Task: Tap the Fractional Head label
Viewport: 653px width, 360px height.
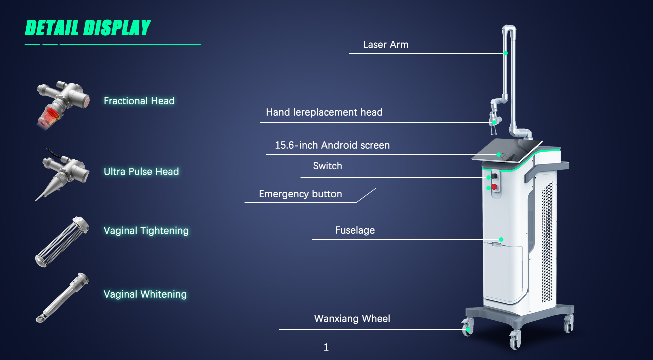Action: coord(139,101)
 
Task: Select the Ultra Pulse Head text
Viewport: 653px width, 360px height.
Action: coord(141,171)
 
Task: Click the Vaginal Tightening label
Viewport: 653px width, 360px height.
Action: coord(146,231)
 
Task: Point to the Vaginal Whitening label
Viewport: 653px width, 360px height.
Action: coord(145,294)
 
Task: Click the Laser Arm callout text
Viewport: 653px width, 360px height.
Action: coord(386,45)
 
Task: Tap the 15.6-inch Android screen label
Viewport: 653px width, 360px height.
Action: coord(332,145)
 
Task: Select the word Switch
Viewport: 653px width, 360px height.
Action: coord(327,166)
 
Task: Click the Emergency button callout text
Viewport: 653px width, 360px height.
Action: coord(301,194)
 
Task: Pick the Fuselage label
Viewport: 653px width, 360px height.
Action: coord(355,230)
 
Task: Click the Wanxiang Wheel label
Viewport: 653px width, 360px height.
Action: coord(352,319)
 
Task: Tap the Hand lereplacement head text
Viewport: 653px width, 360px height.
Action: coord(324,112)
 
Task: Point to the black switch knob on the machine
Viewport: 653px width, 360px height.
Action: coord(494,176)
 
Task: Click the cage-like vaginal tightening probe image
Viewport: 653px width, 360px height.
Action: coord(62,242)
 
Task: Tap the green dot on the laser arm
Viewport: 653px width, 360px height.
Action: coord(505,53)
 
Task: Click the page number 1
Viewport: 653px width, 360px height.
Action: coord(326,347)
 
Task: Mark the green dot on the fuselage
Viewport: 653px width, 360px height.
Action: coord(501,239)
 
